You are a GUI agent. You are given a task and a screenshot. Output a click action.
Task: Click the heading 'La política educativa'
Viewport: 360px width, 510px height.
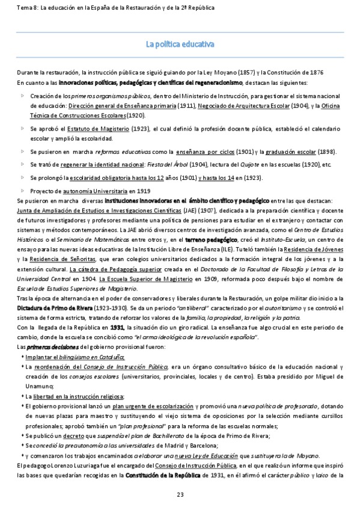[180, 44]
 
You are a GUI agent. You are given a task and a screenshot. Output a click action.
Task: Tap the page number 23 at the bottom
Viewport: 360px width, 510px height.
[180, 494]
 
